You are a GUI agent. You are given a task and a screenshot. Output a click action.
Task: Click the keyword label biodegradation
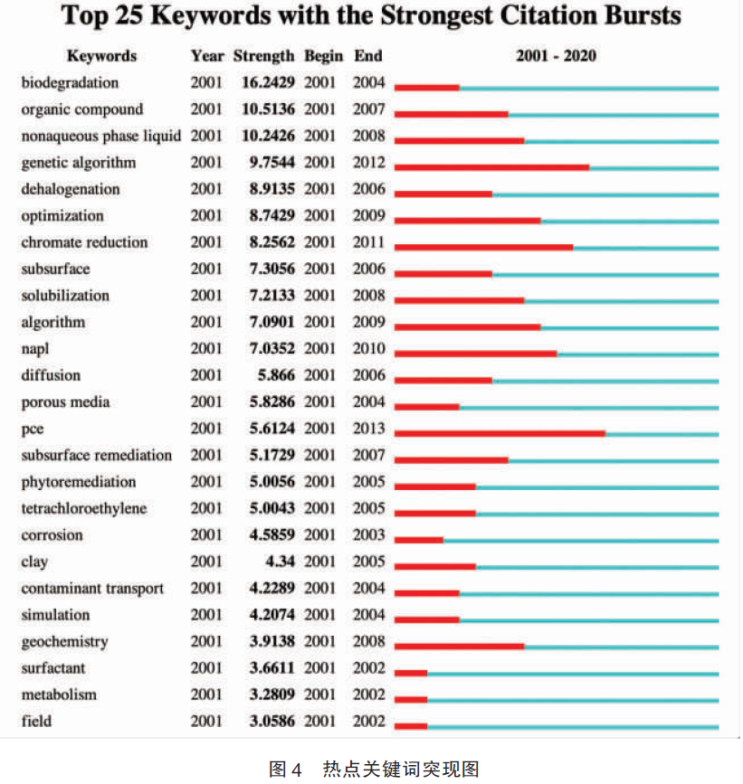pyautogui.click(x=70, y=82)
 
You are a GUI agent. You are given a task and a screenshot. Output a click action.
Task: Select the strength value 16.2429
pyautogui.click(x=268, y=82)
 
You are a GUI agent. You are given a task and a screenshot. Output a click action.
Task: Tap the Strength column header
pyautogui.click(x=263, y=56)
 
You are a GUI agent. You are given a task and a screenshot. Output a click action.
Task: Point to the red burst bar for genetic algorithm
pyautogui.click(x=491, y=167)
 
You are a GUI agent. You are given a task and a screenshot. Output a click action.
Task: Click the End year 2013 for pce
pyautogui.click(x=368, y=429)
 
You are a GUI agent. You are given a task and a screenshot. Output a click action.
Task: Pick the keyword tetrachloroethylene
pyautogui.click(x=84, y=508)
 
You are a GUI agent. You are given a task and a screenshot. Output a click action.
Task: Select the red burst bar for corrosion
pyautogui.click(x=419, y=540)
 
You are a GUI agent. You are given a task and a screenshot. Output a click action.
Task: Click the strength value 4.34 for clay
pyautogui.click(x=281, y=562)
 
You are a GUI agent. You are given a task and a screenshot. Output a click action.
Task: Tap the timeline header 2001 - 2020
pyautogui.click(x=556, y=55)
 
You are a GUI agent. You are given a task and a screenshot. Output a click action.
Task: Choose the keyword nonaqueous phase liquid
pyautogui.click(x=101, y=136)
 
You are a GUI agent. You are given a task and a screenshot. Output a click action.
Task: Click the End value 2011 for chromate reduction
pyautogui.click(x=368, y=242)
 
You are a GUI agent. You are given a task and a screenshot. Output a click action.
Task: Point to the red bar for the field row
pyautogui.click(x=411, y=726)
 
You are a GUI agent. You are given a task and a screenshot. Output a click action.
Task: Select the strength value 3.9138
pyautogui.click(x=272, y=641)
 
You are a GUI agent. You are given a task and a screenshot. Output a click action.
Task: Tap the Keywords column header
pyautogui.click(x=102, y=56)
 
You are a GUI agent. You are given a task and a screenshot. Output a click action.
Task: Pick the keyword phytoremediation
pyautogui.click(x=79, y=483)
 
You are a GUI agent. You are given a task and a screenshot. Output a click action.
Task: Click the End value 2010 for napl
pyautogui.click(x=368, y=348)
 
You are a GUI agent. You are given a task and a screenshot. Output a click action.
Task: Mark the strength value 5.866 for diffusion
pyautogui.click(x=276, y=375)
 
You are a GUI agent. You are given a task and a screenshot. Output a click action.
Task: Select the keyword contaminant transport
pyautogui.click(x=92, y=589)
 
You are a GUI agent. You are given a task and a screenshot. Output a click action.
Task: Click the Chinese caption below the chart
pyautogui.click(x=375, y=769)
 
